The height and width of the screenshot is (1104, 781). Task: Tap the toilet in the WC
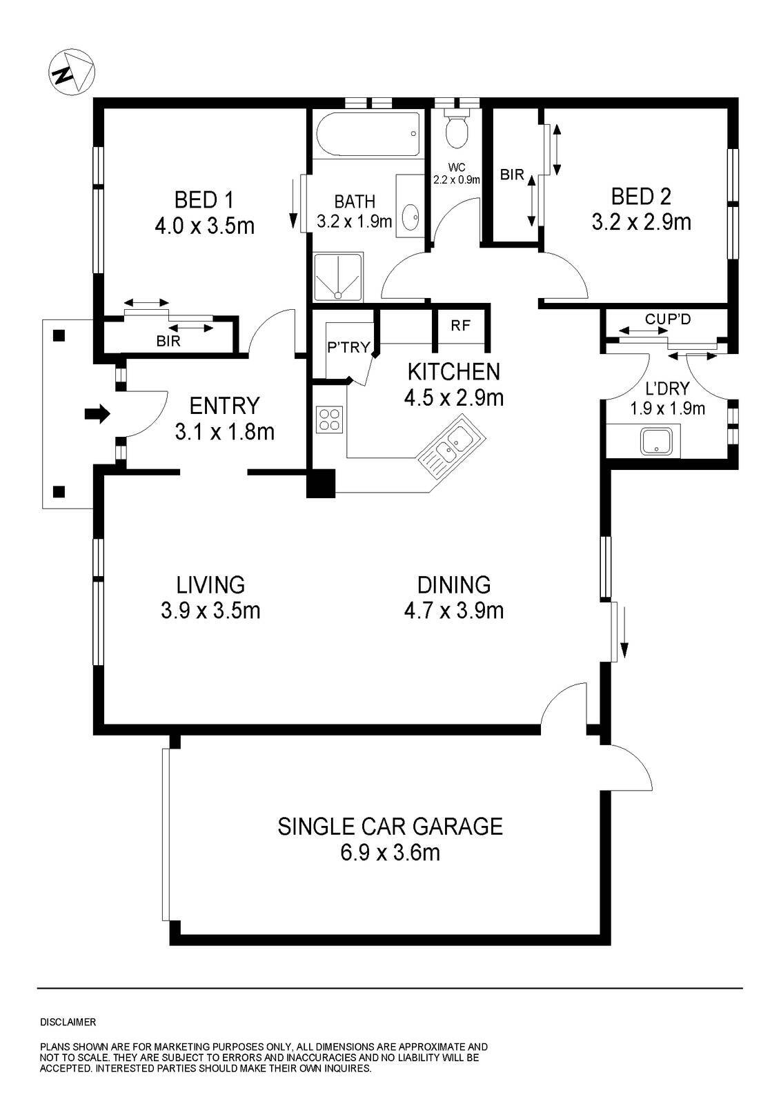point(457,129)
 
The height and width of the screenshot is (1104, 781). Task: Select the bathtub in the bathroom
point(368,135)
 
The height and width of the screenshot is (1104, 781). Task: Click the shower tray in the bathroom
point(338,277)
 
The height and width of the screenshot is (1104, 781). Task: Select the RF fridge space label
point(460,326)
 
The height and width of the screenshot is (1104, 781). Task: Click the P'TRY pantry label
point(348,347)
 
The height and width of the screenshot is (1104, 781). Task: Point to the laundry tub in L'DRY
point(656,441)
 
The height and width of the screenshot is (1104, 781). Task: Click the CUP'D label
point(667,319)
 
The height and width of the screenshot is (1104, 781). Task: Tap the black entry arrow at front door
point(97,414)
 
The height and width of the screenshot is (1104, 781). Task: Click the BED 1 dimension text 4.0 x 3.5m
point(204,226)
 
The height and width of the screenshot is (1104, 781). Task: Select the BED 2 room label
point(640,197)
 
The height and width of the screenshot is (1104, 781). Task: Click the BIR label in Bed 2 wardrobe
point(512,175)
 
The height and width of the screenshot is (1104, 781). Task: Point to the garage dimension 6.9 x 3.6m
point(390,853)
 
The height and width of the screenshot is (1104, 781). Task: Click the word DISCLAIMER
point(68,1022)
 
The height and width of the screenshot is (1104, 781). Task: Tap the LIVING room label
point(210,584)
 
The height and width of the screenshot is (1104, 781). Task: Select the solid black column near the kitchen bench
point(320,483)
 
